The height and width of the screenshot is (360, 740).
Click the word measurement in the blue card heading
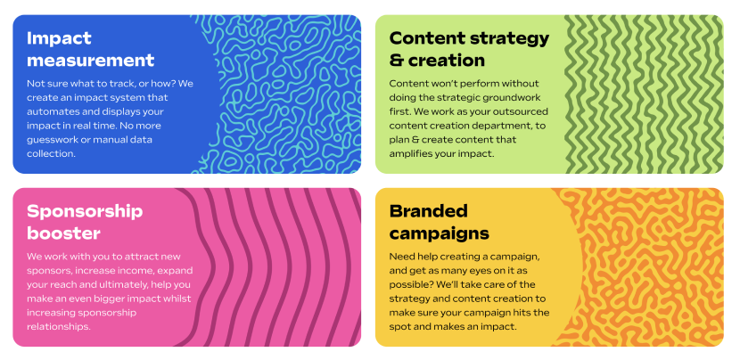[x=91, y=61]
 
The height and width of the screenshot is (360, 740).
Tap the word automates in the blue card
[x=50, y=111]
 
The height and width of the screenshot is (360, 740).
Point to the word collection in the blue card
[x=51, y=154]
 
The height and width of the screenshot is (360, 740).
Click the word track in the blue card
[x=111, y=84]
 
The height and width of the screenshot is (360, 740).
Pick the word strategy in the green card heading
[x=510, y=38]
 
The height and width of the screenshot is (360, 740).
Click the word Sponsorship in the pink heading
[x=85, y=212]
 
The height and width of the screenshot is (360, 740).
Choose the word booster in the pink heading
[x=63, y=233]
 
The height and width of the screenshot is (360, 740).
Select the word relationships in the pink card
[x=59, y=327]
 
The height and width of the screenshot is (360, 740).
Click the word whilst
[x=177, y=299]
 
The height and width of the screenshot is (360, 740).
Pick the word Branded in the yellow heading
[x=429, y=211]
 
